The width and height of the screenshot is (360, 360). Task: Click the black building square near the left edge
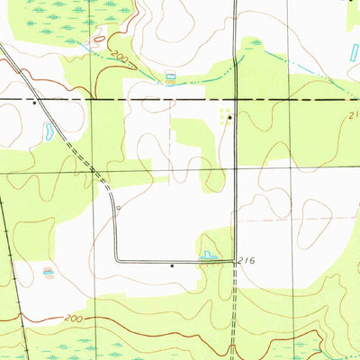tap(34, 103)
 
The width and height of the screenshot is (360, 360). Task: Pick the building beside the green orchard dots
tap(229, 116)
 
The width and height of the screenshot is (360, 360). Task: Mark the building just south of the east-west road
tap(172, 266)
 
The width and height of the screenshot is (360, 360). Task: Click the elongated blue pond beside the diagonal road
tap(49, 131)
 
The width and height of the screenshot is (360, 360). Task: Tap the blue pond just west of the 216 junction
tap(208, 256)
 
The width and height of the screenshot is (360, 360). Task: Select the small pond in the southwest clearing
tap(48, 271)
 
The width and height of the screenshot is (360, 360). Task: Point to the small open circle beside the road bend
tap(119, 206)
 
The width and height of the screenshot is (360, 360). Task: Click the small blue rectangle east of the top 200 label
tap(170, 76)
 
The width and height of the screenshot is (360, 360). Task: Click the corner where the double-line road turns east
tap(116, 260)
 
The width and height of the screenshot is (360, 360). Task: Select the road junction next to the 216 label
tap(234, 261)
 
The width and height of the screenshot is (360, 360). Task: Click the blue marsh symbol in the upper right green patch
tap(256, 42)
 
